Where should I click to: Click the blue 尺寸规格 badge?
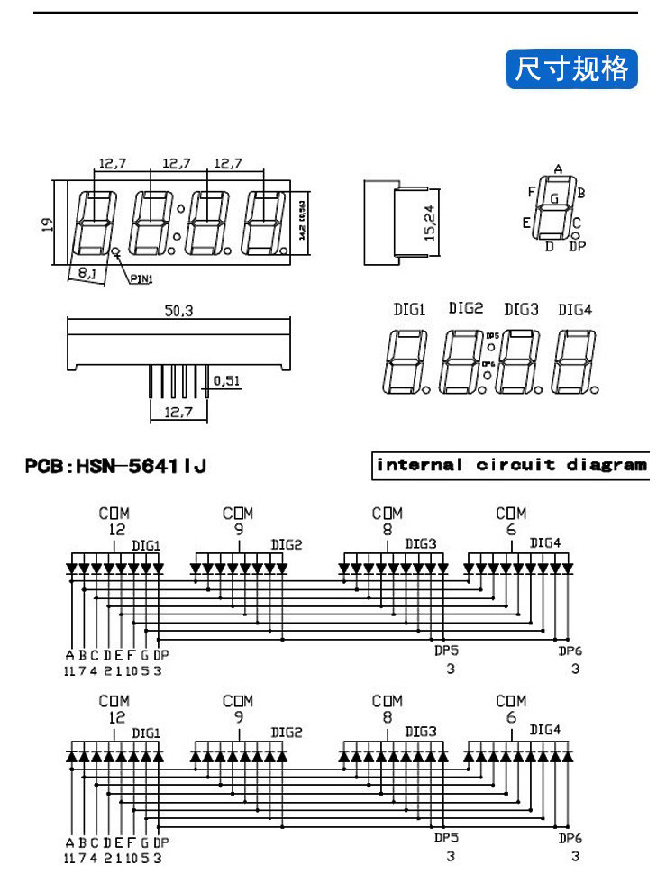pyautogui.click(x=571, y=68)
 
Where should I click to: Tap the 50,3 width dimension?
pyautogui.click(x=178, y=311)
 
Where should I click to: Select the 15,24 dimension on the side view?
pyautogui.click(x=429, y=222)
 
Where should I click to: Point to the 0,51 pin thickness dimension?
pyautogui.click(x=227, y=381)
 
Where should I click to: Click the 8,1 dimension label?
pyautogui.click(x=87, y=271)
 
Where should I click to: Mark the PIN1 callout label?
pyautogui.click(x=142, y=279)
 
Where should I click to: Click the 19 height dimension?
pyautogui.click(x=48, y=223)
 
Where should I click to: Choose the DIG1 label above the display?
pyautogui.click(x=409, y=310)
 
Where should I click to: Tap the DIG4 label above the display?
pyautogui.click(x=575, y=310)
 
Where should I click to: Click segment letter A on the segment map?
pyautogui.click(x=558, y=169)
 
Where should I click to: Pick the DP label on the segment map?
pyautogui.click(x=578, y=245)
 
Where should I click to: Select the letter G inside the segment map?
pyautogui.click(x=554, y=197)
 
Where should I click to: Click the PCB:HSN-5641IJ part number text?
pyautogui.click(x=116, y=466)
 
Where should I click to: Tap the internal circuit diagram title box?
pyautogui.click(x=510, y=465)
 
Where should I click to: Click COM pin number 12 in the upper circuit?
pyautogui.click(x=115, y=530)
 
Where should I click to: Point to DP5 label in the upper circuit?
pyautogui.click(x=447, y=651)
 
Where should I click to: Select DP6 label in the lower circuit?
pyautogui.click(x=570, y=838)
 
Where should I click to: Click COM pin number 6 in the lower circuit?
pyautogui.click(x=511, y=717)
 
